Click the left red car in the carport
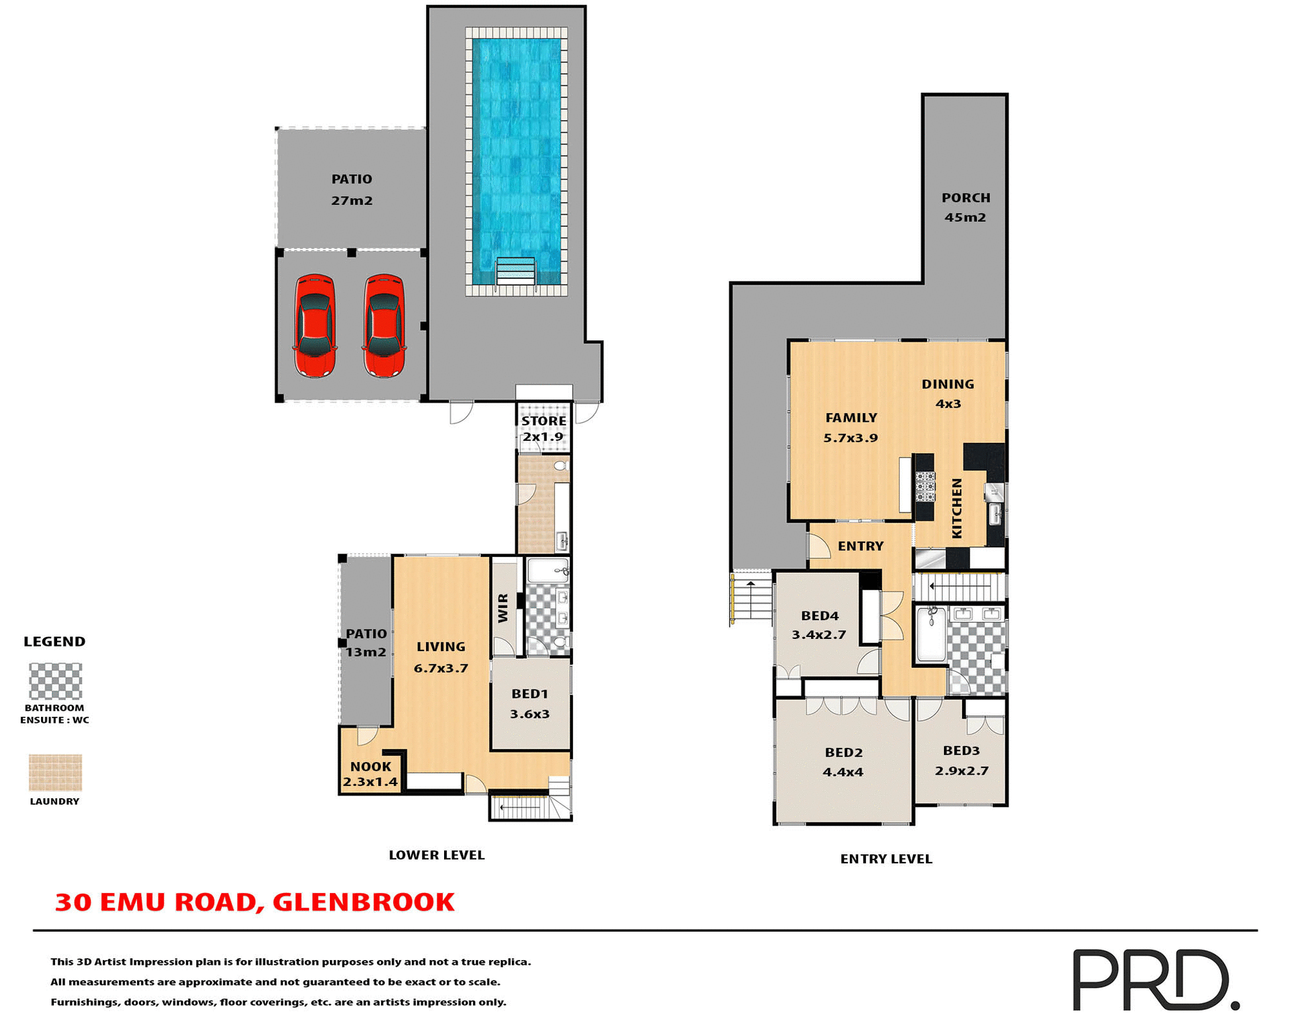click(x=314, y=326)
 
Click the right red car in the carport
click(x=384, y=326)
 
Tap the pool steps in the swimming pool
click(x=515, y=271)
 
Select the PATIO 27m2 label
click(x=351, y=189)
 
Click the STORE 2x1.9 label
click(x=544, y=429)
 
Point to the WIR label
click(x=503, y=607)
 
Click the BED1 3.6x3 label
click(x=529, y=703)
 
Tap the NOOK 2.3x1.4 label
click(x=370, y=774)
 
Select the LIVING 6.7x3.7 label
click(x=441, y=657)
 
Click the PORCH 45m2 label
click(x=965, y=207)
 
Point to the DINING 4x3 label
click(x=947, y=394)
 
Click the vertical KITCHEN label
click(x=957, y=508)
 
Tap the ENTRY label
click(x=860, y=546)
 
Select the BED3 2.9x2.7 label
click(x=961, y=761)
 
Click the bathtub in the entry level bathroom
click(x=931, y=635)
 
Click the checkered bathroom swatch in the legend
click(x=55, y=681)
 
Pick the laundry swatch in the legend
click(x=55, y=772)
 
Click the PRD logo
click(x=1155, y=979)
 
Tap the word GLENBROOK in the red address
click(x=363, y=902)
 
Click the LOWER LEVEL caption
click(x=436, y=855)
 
